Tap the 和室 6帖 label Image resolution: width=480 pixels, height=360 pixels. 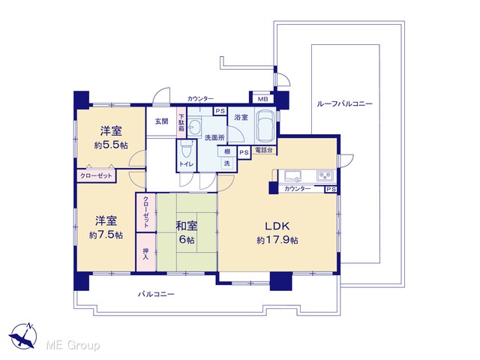[x=187, y=232]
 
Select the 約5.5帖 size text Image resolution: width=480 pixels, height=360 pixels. [x=111, y=145]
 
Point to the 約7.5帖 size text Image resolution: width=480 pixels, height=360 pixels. [x=106, y=235]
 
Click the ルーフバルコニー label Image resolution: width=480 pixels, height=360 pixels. [x=344, y=103]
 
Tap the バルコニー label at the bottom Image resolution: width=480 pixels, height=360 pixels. [x=156, y=294]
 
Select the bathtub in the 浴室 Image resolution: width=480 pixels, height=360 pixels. [x=265, y=126]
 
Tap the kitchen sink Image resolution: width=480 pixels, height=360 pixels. [x=293, y=175]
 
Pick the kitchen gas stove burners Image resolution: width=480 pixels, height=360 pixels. [x=326, y=175]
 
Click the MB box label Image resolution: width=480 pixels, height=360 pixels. [x=262, y=99]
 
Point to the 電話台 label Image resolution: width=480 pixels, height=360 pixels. [x=264, y=151]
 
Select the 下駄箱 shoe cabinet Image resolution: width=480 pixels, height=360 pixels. [x=181, y=122]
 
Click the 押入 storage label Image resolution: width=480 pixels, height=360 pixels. [x=145, y=253]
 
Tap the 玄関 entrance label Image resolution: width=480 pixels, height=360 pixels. [x=162, y=121]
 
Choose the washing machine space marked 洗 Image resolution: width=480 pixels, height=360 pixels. [x=226, y=163]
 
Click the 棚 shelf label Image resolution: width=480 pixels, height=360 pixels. [x=227, y=151]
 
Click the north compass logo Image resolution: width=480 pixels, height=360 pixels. [x=23, y=335]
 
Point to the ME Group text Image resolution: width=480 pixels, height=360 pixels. [x=73, y=346]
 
